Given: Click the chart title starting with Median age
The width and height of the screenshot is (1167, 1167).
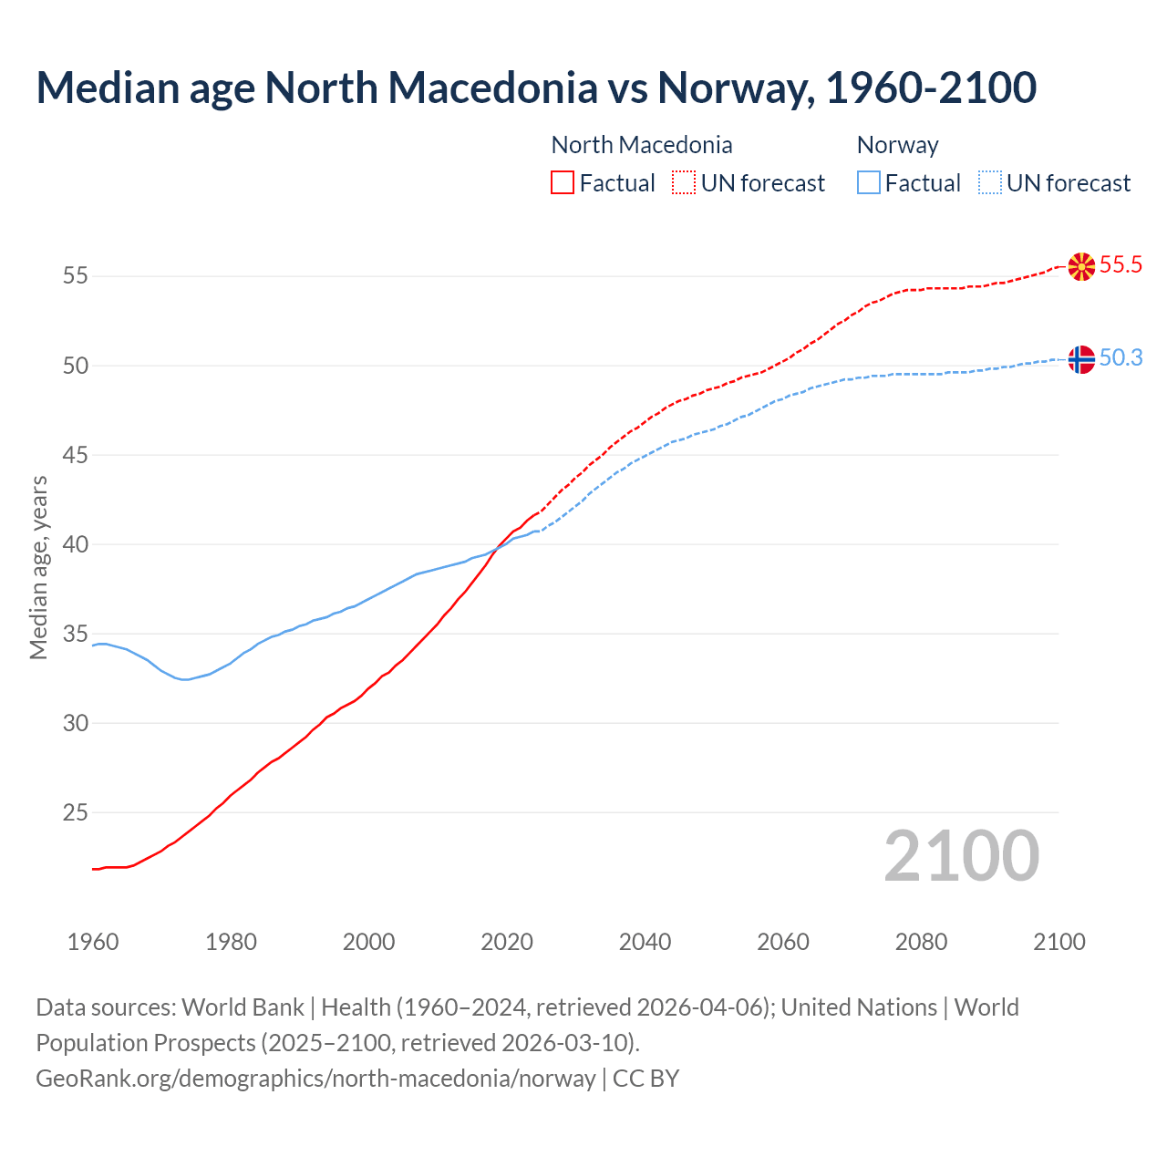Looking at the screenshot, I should (x=536, y=88).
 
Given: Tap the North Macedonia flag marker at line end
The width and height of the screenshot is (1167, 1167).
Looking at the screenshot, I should (x=1081, y=266).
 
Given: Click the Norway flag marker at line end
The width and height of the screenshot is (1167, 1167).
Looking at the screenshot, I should (x=1081, y=359).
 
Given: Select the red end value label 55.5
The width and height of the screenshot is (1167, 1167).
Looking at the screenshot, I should (x=1121, y=265).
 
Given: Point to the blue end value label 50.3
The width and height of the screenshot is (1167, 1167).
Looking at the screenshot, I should (x=1121, y=358).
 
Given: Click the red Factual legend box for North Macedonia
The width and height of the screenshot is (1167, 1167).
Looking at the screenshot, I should (x=563, y=183).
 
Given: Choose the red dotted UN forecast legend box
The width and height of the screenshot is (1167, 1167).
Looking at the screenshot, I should (x=684, y=183).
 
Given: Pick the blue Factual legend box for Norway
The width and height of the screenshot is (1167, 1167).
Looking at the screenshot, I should (x=869, y=183).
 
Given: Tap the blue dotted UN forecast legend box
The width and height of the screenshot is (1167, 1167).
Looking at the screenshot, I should (x=989, y=183).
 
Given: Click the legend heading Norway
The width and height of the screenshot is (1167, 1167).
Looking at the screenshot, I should (x=897, y=145).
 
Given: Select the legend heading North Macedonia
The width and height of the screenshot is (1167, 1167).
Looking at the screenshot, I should (x=642, y=145).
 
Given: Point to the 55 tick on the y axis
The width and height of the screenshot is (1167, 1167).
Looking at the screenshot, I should (x=76, y=275).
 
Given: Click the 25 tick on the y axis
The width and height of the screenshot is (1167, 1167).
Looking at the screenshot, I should (x=76, y=812).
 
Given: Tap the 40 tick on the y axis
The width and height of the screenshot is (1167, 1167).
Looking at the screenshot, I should (x=76, y=544).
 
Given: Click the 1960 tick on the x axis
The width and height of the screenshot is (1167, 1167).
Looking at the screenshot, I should (x=93, y=942).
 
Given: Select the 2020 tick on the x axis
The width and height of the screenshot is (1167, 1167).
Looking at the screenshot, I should (x=507, y=942).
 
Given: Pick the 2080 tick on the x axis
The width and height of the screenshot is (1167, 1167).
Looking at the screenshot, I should (x=921, y=942).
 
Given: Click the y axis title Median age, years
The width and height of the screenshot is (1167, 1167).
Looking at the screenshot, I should (x=38, y=567).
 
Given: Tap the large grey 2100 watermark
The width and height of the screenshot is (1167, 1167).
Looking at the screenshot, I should (x=961, y=856).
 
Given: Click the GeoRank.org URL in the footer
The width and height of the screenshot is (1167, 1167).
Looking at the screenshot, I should (x=315, y=1079).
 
